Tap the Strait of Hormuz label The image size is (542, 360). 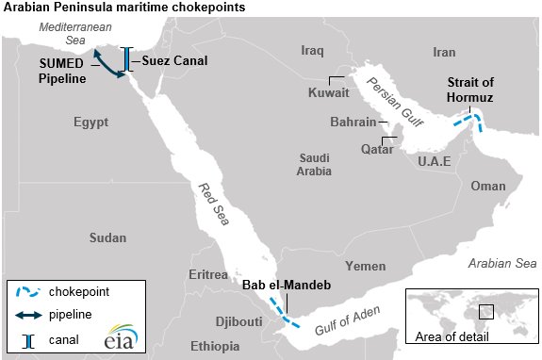click(469, 90)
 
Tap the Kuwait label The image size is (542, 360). click(329, 93)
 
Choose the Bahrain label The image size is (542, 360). click(353, 123)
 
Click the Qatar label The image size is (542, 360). click(377, 149)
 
